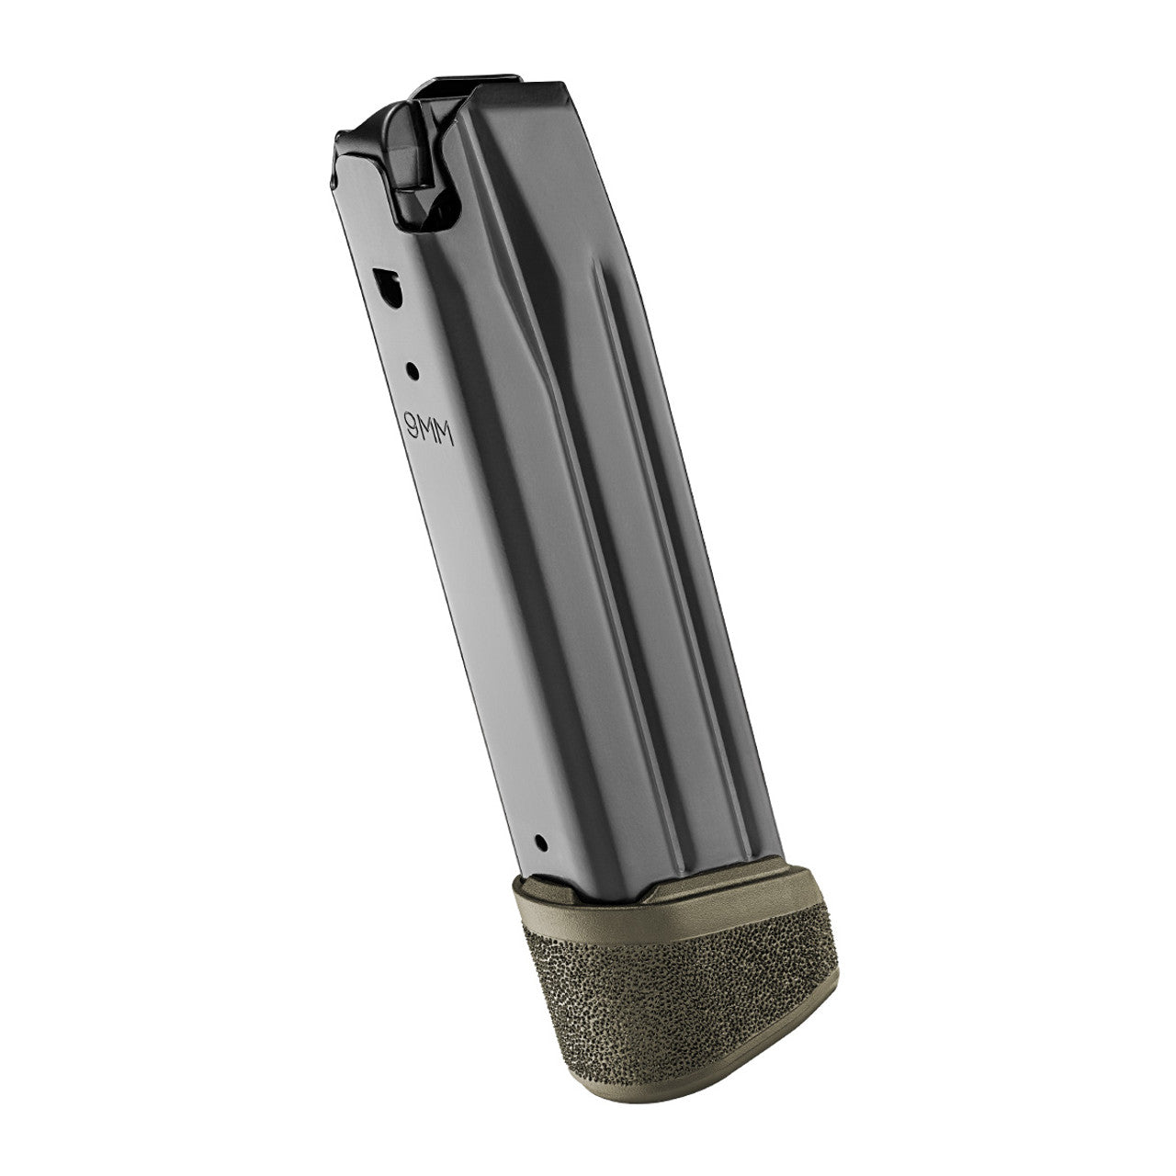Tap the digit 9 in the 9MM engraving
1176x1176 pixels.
[412, 422]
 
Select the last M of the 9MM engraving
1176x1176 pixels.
[447, 435]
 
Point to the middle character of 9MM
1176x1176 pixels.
[429, 427]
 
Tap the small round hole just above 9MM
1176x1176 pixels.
[413, 371]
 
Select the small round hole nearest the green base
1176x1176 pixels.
[539, 842]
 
